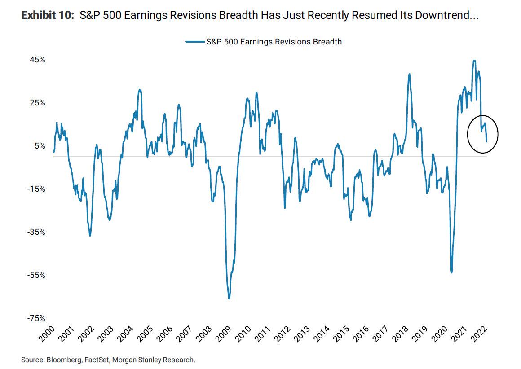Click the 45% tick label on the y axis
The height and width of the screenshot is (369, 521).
(x=38, y=60)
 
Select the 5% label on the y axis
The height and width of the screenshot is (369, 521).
(x=40, y=146)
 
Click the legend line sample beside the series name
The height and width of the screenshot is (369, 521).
(x=195, y=42)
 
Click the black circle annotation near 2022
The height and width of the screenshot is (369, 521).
(x=483, y=134)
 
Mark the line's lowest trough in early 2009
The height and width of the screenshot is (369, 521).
(x=229, y=298)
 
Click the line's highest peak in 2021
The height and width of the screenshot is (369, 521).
(x=474, y=61)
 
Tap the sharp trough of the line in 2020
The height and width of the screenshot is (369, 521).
(x=451, y=272)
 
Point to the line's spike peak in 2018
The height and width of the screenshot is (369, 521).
(x=409, y=74)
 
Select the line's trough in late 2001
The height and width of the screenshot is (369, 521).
(x=90, y=236)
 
